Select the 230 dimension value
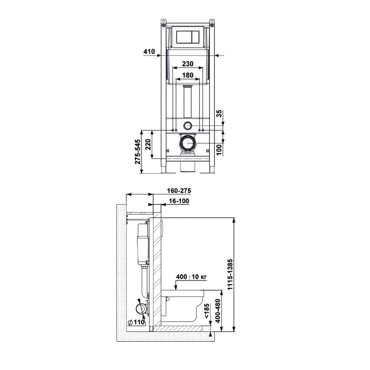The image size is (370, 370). coord(188,64)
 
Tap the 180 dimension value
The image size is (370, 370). coord(188,75)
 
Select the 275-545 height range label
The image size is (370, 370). coord(137,151)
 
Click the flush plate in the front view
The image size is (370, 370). coord(188,37)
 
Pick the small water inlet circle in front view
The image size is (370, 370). coord(188,125)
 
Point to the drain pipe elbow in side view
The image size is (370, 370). coord(141,308)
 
